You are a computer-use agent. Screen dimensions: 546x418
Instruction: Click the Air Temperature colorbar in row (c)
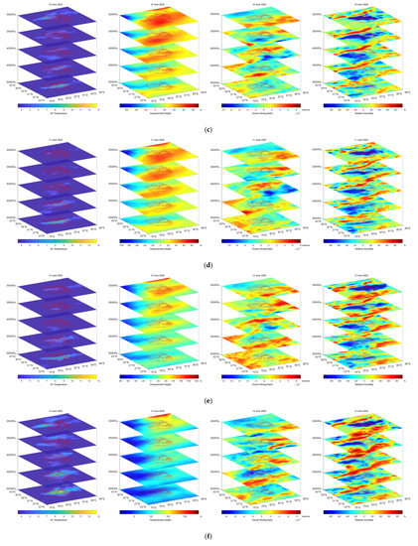pyautogui.click(x=55, y=102)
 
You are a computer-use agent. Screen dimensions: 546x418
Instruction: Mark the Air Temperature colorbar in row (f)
pyautogui.click(x=55, y=510)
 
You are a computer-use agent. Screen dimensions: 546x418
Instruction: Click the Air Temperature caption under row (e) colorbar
pyautogui.click(x=55, y=381)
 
